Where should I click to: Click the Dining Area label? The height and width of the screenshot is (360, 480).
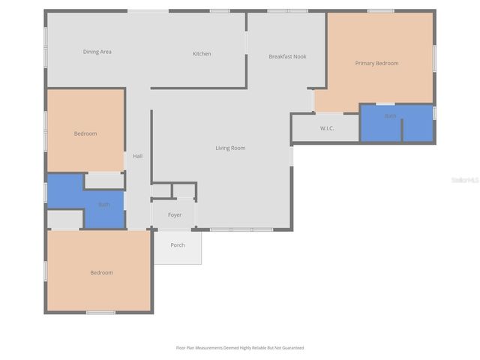click(97, 52)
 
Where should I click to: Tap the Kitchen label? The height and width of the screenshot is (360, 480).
click(202, 54)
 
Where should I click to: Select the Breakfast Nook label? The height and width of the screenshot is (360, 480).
click(287, 57)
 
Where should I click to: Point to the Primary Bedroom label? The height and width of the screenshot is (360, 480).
click(376, 64)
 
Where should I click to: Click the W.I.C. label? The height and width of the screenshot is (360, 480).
click(327, 128)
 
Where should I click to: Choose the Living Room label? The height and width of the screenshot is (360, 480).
click(230, 148)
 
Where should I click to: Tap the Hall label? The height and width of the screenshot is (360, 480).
click(137, 156)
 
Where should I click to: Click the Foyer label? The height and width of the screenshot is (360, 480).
click(174, 215)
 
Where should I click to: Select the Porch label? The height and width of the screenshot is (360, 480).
click(178, 245)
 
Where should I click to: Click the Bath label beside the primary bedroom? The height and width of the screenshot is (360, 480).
click(390, 116)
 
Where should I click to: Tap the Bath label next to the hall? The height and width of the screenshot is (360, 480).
click(103, 204)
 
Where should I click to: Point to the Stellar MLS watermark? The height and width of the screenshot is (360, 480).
click(464, 181)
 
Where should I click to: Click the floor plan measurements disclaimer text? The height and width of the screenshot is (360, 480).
click(240, 348)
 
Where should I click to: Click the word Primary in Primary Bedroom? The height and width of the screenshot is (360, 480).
click(365, 64)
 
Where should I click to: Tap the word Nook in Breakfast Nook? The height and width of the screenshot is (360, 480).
click(300, 57)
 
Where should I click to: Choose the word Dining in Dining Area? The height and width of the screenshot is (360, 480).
click(91, 52)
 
